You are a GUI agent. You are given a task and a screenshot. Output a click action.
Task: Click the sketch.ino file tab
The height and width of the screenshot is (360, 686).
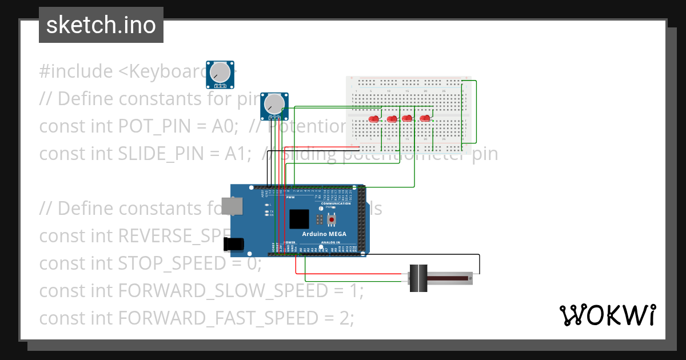[101, 25]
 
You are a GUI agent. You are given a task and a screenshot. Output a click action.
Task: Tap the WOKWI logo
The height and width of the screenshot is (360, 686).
[607, 315]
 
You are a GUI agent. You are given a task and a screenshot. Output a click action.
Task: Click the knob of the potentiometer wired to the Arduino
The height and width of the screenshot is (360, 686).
[274, 103]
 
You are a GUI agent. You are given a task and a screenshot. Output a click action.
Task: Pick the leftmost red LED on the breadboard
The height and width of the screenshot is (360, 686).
[374, 119]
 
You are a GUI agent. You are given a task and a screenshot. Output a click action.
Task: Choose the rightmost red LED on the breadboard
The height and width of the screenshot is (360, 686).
[425, 118]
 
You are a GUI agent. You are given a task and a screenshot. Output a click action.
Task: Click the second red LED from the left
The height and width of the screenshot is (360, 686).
[392, 119]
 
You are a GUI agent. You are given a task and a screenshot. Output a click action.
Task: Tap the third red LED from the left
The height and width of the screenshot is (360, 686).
[407, 118]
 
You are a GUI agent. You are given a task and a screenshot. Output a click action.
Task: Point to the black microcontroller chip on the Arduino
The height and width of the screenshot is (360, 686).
[300, 220]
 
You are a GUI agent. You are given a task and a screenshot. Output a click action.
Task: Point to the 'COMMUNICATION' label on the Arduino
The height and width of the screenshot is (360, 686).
[336, 203]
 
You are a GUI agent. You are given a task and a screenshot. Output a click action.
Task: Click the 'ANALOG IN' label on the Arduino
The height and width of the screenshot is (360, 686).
[330, 242]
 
